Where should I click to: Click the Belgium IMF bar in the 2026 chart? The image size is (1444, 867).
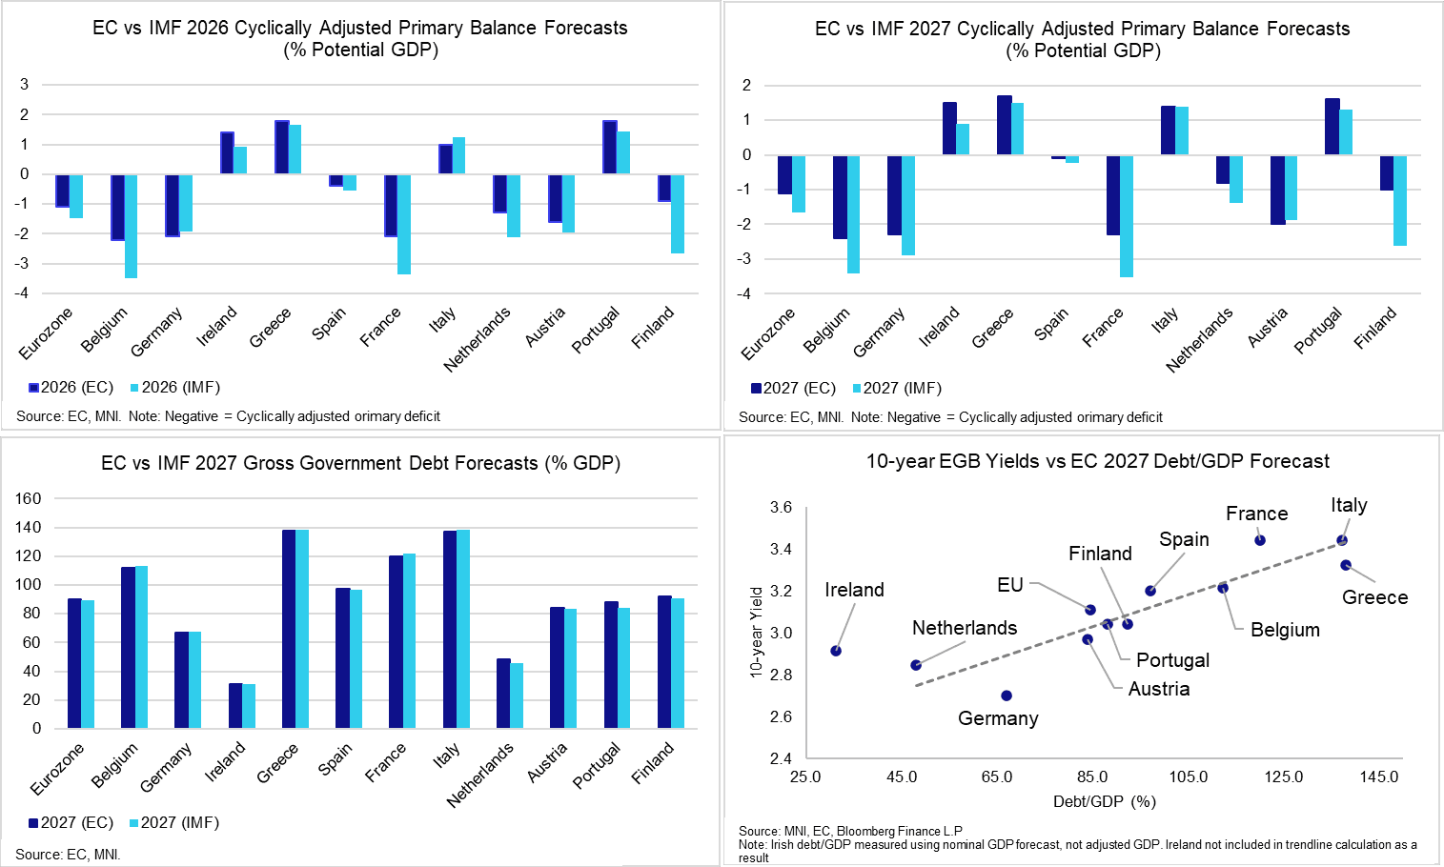(x=132, y=226)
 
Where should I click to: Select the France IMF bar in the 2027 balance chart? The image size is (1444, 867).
(x=1127, y=216)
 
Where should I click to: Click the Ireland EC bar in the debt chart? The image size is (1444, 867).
(x=235, y=706)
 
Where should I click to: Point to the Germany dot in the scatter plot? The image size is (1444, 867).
(x=1007, y=696)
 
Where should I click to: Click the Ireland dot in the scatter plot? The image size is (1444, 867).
(x=836, y=651)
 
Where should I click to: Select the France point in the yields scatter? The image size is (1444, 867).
(x=1260, y=540)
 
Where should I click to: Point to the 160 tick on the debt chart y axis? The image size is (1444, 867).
(x=29, y=498)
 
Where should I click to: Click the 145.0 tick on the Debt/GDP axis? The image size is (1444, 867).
(x=1379, y=776)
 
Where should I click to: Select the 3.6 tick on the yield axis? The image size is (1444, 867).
(x=781, y=508)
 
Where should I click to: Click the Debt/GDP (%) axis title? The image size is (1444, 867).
(x=1104, y=801)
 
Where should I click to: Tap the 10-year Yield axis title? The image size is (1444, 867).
(x=757, y=632)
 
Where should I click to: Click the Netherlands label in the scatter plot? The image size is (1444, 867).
(x=964, y=628)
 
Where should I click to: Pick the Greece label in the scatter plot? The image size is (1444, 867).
(x=1374, y=597)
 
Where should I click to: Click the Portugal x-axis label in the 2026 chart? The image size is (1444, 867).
(x=596, y=330)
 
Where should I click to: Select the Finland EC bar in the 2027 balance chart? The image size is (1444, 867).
(x=1387, y=172)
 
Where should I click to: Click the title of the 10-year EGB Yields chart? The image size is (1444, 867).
(x=1097, y=462)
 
